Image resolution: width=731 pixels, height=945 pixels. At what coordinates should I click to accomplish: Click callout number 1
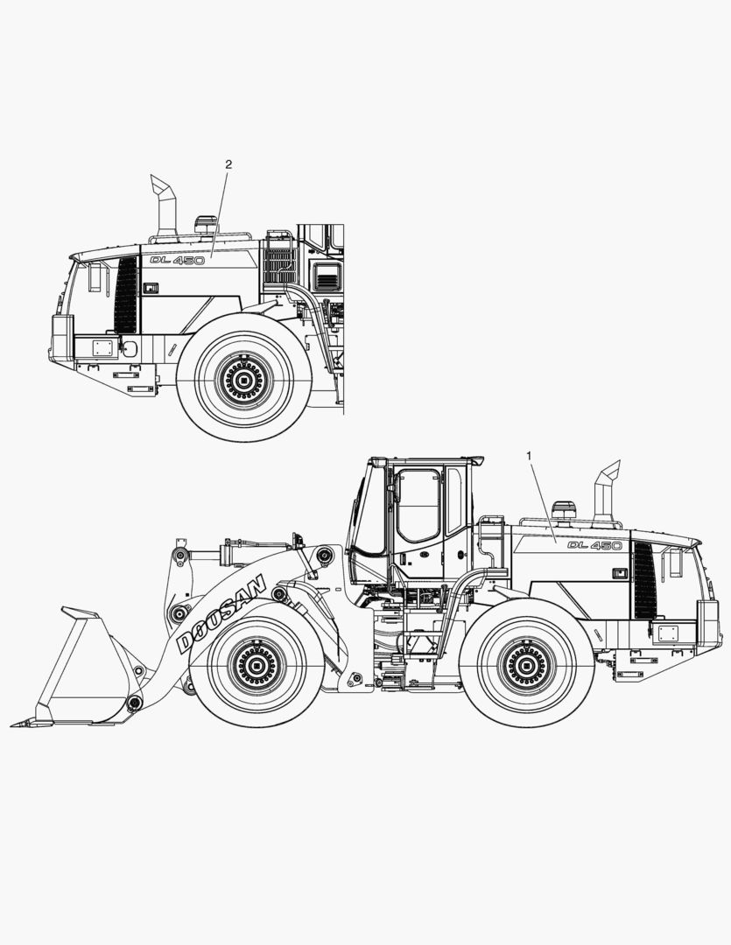[x=529, y=455]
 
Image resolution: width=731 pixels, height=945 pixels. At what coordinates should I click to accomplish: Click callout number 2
[x=228, y=164]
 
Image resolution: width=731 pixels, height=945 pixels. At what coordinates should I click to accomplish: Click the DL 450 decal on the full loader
[x=594, y=545]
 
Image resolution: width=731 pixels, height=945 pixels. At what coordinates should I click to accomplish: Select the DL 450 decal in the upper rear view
[x=177, y=260]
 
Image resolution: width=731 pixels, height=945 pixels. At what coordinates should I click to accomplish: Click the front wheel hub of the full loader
[x=257, y=667]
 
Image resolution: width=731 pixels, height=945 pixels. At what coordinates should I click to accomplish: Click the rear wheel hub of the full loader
[x=526, y=667]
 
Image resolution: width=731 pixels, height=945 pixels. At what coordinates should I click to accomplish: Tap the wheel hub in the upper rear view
[x=243, y=379]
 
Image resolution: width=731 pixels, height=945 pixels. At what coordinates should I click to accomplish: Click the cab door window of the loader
[x=418, y=505]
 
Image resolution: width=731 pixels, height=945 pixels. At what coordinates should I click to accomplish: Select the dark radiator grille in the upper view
[x=127, y=295]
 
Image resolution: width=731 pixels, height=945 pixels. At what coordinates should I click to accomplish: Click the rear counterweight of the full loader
[x=707, y=622]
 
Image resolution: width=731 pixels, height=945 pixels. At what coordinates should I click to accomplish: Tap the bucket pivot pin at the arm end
[x=134, y=703]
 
